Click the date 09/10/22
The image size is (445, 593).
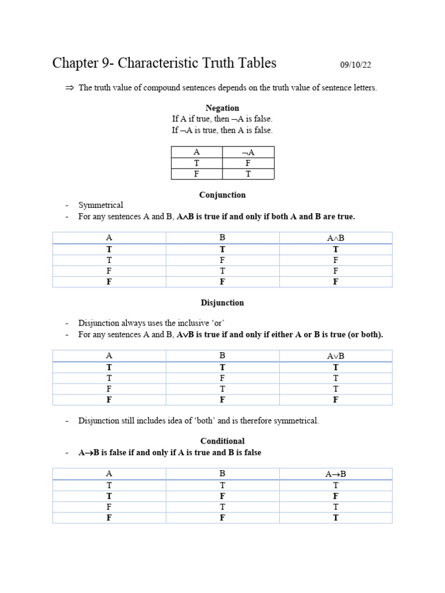coord(359,65)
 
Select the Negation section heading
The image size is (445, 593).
coord(222,108)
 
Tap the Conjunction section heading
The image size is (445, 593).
coord(222,195)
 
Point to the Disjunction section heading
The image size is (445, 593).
coord(222,303)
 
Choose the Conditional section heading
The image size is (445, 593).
coord(222,441)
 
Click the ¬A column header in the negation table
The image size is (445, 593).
coord(247,152)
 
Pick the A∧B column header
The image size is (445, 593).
coord(335,238)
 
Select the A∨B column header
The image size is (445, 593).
coord(335,356)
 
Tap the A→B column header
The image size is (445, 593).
coord(335,474)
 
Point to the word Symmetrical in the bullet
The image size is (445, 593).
coord(101,205)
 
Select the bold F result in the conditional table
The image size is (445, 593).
coord(335,496)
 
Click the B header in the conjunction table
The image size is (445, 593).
coord(222,238)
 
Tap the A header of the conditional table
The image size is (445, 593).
coord(109,474)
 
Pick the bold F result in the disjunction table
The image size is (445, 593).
coord(335,400)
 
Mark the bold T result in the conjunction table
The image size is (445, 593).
coord(335,249)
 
